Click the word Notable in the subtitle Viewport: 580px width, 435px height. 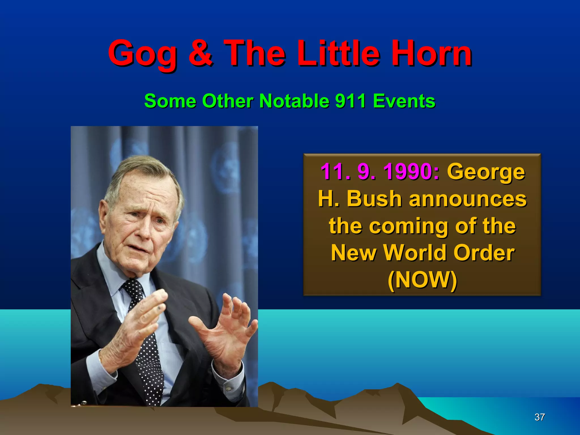point(294,101)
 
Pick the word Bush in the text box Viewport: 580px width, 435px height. point(374,199)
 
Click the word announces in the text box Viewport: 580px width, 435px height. point(468,199)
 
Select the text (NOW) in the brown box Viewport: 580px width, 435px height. point(422,280)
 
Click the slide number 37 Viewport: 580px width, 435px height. point(540,417)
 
